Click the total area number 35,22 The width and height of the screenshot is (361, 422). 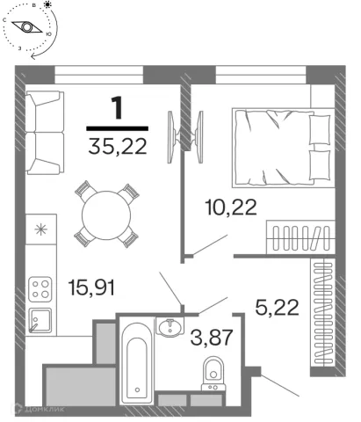118,146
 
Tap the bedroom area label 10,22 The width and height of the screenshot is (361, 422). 231,207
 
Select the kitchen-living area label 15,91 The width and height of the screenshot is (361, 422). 91,287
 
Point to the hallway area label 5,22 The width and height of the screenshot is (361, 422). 277,307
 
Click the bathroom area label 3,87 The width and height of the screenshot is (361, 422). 212,338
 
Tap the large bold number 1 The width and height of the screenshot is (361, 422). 118,108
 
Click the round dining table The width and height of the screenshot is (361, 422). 106,215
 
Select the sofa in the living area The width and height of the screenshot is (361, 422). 45,133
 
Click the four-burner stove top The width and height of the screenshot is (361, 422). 40,289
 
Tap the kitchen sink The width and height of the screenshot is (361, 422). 40,321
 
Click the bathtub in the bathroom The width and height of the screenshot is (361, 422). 137,363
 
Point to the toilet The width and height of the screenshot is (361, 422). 213,374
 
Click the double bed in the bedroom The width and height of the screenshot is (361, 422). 283,148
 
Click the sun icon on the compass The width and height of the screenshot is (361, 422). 47,4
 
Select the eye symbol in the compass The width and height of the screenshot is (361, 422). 27,27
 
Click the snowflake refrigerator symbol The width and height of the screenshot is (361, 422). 41,229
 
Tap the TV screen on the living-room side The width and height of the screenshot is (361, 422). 171,136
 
